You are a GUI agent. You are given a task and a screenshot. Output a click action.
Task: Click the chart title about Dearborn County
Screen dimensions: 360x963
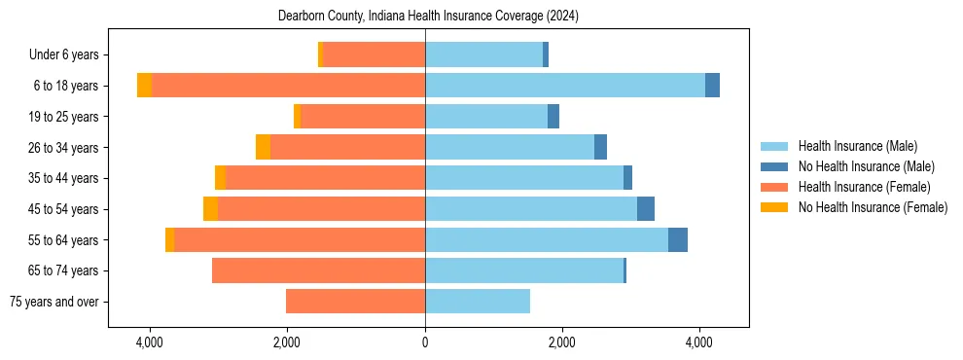point(428,17)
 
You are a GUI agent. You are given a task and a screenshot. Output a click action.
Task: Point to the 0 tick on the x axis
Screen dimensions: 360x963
point(425,342)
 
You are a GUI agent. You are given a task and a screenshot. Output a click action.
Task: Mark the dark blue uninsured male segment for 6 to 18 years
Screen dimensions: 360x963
point(712,86)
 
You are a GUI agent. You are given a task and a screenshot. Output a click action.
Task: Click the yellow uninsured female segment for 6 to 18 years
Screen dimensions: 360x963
point(144,86)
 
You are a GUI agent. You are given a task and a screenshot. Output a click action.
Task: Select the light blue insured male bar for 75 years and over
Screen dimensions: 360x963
point(478,302)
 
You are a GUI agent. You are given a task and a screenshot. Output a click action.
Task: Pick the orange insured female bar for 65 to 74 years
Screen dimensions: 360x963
point(318,270)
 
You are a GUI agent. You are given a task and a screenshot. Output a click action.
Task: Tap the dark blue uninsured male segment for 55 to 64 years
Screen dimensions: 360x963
point(678,240)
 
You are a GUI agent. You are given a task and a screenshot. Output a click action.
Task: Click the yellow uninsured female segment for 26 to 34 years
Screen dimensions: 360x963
point(263,148)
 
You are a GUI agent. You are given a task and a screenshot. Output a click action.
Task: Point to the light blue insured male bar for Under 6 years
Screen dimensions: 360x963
point(483,55)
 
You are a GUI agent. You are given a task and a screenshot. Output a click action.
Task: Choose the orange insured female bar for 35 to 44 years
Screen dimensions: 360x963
point(325,178)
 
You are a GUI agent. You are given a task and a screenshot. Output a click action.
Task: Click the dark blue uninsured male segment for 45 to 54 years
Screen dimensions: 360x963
point(646,209)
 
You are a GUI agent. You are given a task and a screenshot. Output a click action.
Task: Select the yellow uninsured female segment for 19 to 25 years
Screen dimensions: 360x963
point(297,117)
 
